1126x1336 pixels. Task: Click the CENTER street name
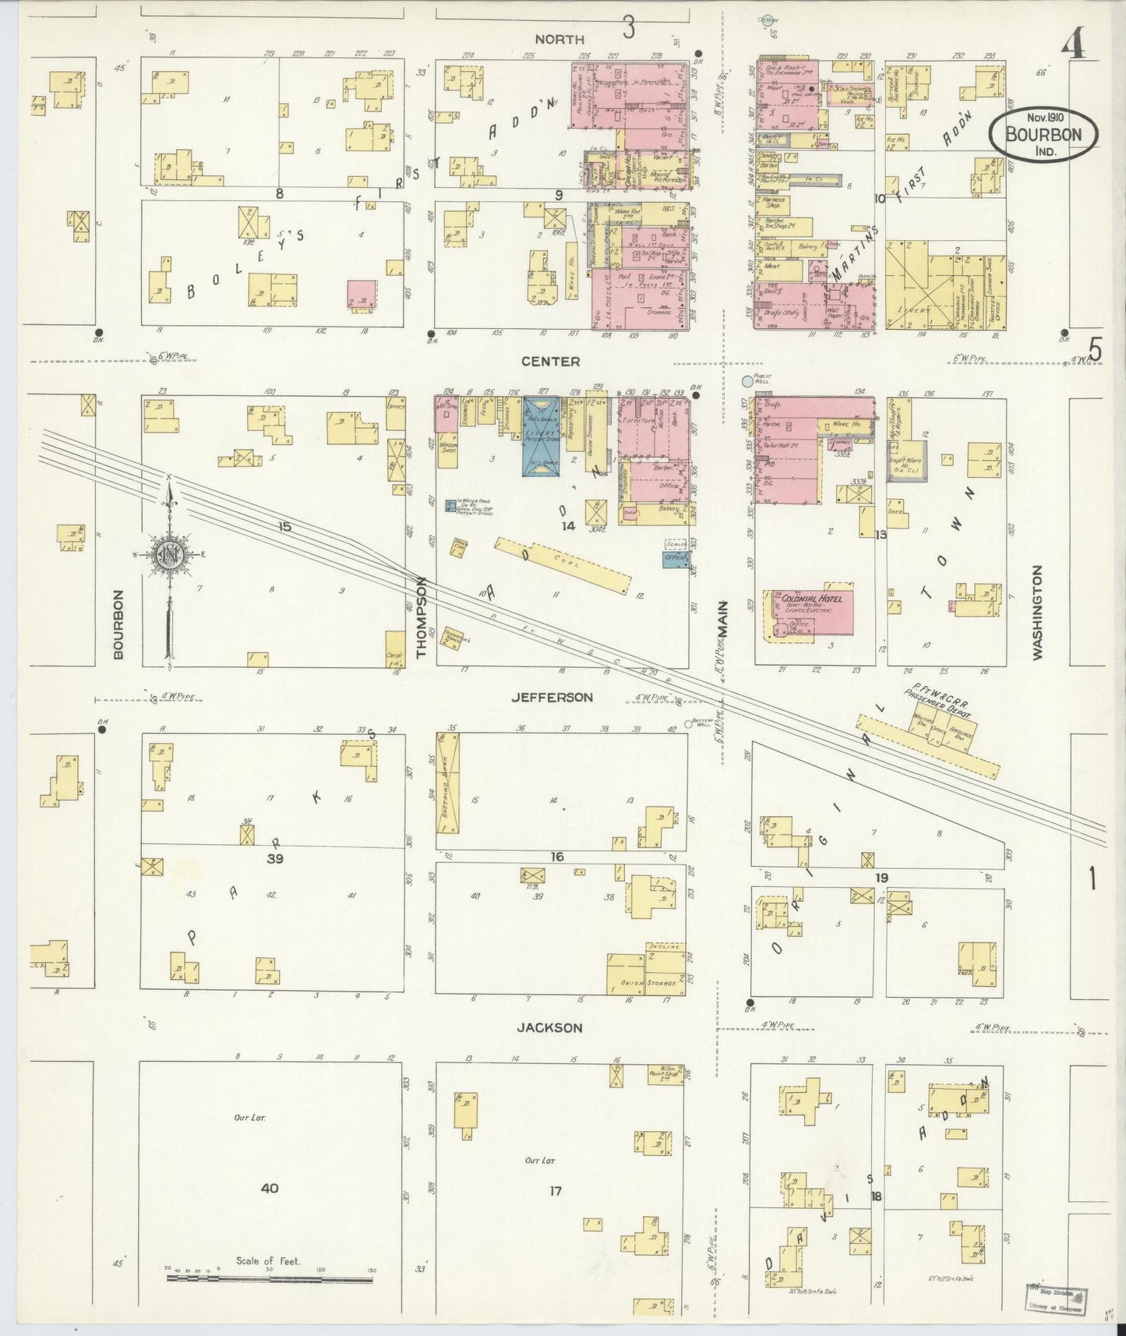[x=551, y=362]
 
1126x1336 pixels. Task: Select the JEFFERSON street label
[x=552, y=698]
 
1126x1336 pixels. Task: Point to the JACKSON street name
[x=549, y=1027]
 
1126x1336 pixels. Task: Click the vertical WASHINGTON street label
[x=1037, y=613]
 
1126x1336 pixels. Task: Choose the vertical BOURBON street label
[x=118, y=624]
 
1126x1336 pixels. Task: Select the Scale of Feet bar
[x=270, y=1280]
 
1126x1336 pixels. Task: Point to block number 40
[x=270, y=1188]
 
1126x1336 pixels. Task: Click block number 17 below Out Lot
[x=555, y=1190]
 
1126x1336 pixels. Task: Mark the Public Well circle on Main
[x=747, y=382]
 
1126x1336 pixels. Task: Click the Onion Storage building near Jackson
[x=647, y=974]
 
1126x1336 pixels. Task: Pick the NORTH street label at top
[x=559, y=38]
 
